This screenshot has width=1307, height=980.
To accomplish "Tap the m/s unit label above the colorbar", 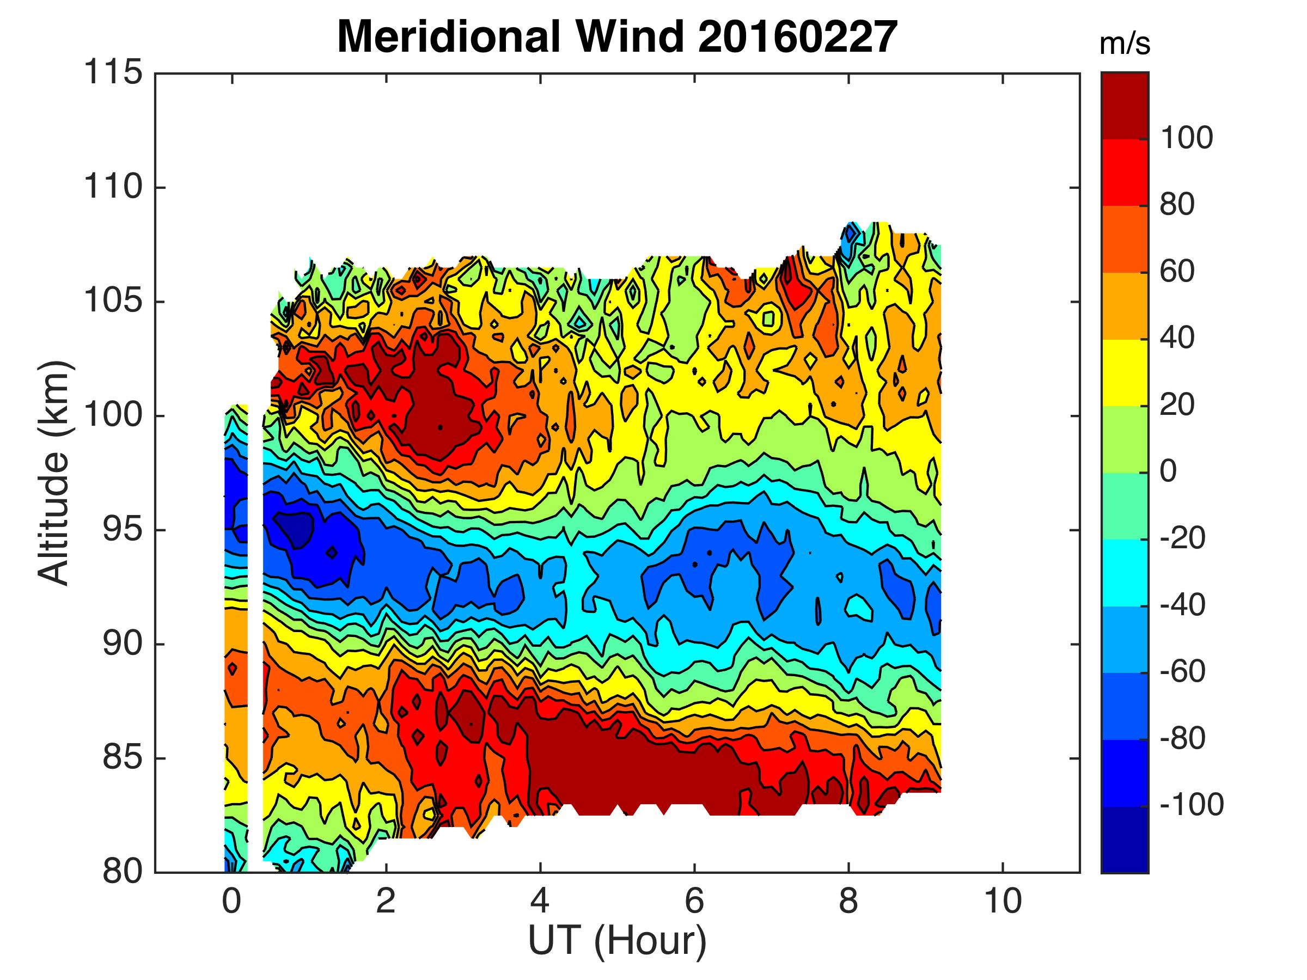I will (x=1125, y=45).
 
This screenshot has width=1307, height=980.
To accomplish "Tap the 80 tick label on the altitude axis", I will (x=123, y=872).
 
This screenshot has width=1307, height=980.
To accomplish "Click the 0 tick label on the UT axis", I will (x=231, y=902).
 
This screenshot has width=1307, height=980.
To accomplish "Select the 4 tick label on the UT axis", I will (x=540, y=902).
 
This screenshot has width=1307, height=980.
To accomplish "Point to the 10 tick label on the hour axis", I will (x=1002, y=902).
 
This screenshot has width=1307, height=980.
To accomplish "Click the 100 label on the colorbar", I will (x=1187, y=138).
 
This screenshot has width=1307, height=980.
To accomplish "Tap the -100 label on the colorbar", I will (x=1191, y=805).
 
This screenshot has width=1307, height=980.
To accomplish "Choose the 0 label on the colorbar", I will (x=1169, y=471).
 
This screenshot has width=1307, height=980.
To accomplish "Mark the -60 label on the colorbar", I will (x=1182, y=672).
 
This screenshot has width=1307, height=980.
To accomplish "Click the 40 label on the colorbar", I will (x=1177, y=338).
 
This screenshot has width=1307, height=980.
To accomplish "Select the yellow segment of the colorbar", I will (x=1125, y=372).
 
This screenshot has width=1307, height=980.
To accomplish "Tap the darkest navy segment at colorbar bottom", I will (x=1125, y=839).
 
